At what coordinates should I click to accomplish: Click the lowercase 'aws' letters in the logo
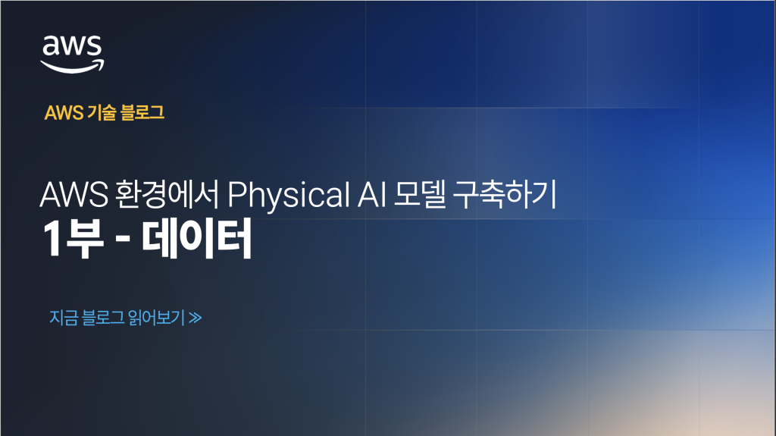[x=72, y=45]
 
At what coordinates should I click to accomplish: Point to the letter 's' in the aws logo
[x=93, y=46]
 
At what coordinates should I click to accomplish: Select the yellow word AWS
[x=64, y=113]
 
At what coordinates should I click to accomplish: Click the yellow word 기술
[x=102, y=113]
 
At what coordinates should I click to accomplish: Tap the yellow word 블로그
[x=142, y=113]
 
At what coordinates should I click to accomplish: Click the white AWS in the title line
[x=74, y=194]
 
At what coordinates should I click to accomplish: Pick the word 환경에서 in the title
[x=166, y=194]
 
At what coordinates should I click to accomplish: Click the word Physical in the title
[x=289, y=194]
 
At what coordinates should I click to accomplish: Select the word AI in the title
[x=371, y=194]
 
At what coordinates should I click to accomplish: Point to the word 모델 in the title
[x=420, y=194]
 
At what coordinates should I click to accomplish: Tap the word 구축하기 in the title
[x=505, y=194]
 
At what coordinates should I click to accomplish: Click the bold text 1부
[x=74, y=239]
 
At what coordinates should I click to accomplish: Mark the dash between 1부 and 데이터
[x=122, y=240]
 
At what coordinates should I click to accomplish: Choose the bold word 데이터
[x=197, y=239]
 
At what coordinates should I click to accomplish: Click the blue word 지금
[x=64, y=318]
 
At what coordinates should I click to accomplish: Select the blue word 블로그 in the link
[x=103, y=318]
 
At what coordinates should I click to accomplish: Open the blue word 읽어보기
[x=156, y=318]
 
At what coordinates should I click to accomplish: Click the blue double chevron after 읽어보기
[x=196, y=318]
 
